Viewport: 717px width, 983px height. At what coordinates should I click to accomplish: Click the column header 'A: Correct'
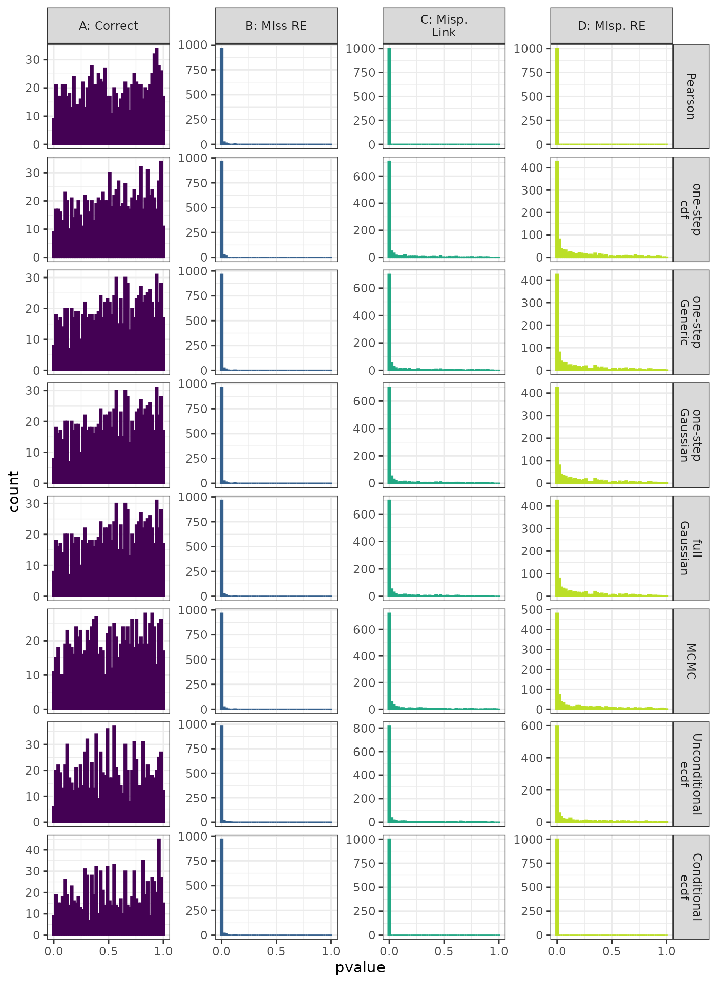click(109, 26)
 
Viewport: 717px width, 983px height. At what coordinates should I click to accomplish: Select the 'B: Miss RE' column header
click(276, 26)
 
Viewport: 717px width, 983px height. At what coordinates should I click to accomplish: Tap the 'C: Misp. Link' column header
click(444, 26)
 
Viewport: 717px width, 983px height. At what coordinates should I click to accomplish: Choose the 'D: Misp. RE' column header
click(611, 26)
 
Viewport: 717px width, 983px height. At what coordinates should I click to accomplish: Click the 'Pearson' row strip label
click(691, 96)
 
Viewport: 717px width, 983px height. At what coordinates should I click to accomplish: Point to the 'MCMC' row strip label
click(691, 661)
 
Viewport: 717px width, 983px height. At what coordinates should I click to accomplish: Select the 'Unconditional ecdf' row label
click(691, 774)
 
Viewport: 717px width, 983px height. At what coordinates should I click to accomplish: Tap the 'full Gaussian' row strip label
click(691, 548)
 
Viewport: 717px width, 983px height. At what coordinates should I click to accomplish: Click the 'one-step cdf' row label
click(691, 209)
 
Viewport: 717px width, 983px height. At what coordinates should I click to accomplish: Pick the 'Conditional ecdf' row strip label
click(691, 887)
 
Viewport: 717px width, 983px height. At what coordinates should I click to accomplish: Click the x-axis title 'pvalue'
click(360, 968)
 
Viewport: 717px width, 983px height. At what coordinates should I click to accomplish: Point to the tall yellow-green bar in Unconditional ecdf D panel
click(557, 773)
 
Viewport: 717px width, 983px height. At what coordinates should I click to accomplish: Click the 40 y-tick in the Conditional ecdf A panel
click(33, 850)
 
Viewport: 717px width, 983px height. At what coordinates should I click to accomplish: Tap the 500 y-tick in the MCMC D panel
click(532, 610)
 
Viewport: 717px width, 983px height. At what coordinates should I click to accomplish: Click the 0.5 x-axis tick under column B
click(276, 951)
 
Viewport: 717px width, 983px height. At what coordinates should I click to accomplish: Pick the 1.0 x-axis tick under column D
click(666, 951)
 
